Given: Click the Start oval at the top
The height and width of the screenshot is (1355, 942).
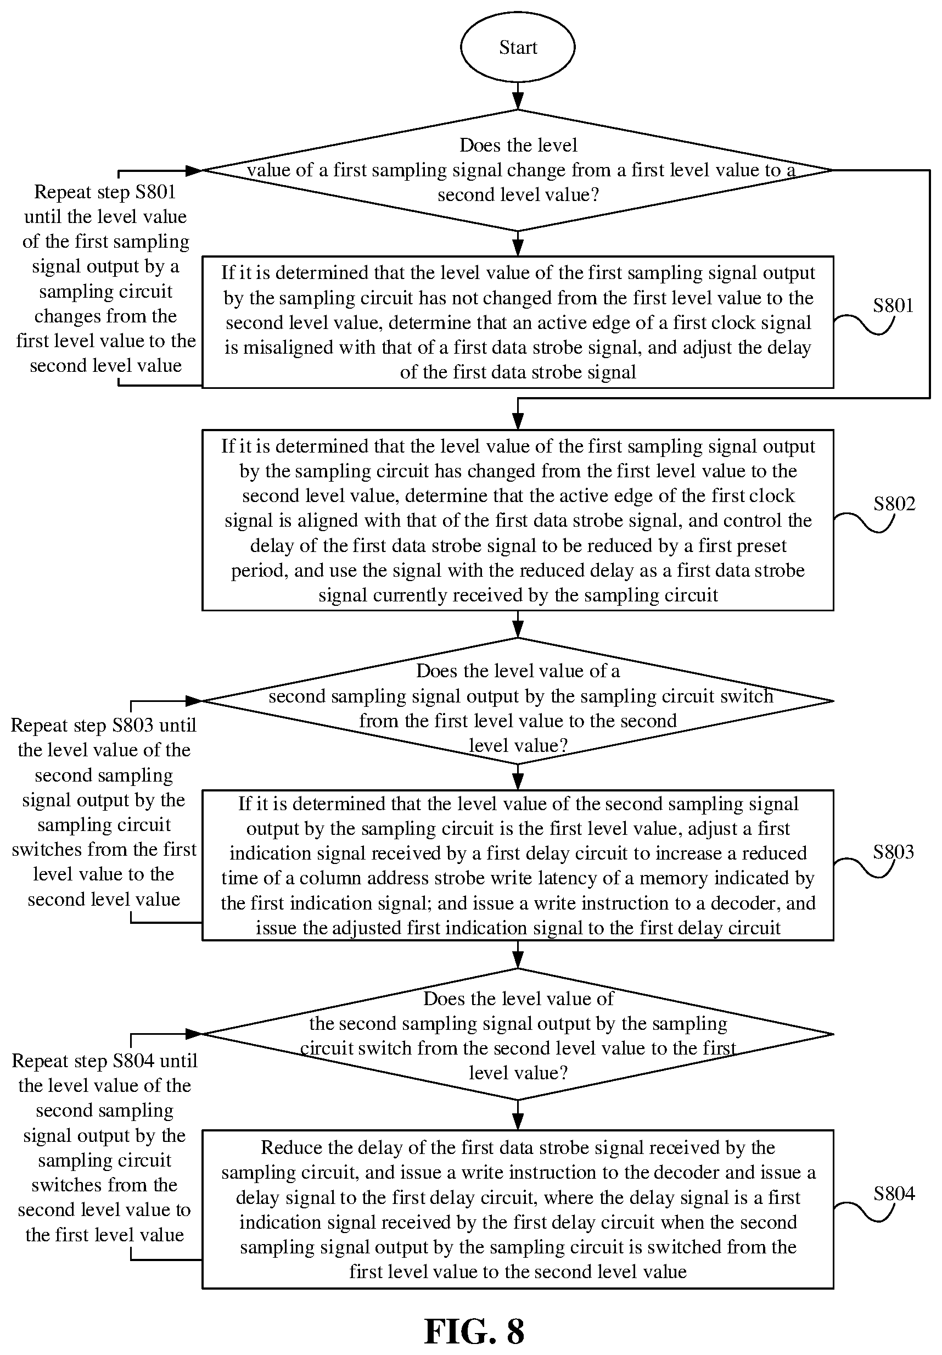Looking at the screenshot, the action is tap(517, 47).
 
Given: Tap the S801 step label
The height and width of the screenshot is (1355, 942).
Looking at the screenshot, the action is tap(893, 305).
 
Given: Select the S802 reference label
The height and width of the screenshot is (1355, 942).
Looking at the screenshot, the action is tap(894, 504).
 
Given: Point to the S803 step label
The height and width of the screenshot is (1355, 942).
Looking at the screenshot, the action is tap(894, 851).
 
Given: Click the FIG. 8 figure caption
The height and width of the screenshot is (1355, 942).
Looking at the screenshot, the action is tap(474, 1331).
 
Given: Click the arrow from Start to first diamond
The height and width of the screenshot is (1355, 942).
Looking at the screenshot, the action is tap(517, 96).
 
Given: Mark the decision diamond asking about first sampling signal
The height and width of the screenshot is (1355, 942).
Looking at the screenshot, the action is tap(517, 170).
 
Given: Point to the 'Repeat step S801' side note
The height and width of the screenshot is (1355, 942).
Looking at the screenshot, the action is tap(105, 278).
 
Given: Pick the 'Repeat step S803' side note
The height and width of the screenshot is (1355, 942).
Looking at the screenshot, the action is tap(104, 812).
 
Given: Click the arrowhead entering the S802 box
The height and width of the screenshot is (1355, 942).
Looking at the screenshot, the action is tap(517, 421).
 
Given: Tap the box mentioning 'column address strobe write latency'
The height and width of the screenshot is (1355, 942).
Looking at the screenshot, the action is tap(517, 865).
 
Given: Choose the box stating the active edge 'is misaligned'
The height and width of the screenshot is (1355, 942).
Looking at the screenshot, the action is tap(517, 322).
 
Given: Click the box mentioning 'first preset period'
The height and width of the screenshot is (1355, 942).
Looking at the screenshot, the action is tap(517, 520).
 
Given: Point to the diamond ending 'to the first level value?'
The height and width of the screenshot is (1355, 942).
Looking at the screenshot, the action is tap(517, 1034).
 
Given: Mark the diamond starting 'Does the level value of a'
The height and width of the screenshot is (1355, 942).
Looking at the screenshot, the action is tap(517, 701).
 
